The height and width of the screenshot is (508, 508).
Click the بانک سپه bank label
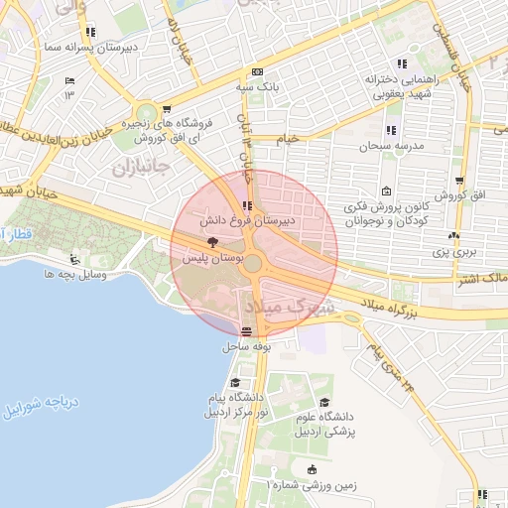coord(257,87)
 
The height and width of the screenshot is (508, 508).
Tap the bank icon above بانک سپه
coord(257,71)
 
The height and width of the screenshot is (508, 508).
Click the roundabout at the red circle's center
coord(253,263)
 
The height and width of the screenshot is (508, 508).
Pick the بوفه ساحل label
coord(246,347)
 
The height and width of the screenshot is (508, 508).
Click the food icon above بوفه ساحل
coord(246,332)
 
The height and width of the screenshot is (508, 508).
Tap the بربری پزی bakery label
coord(452,254)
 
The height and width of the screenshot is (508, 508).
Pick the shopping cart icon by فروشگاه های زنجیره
coord(167,109)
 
